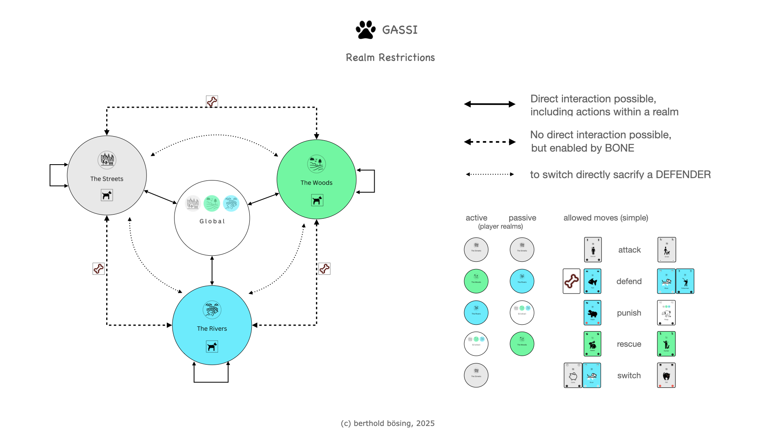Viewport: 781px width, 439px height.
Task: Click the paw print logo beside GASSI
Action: [x=365, y=30]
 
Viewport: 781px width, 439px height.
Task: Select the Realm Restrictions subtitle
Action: [x=390, y=58]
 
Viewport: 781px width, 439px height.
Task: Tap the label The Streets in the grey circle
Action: [x=107, y=179]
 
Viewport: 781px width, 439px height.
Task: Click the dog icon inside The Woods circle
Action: [x=317, y=200]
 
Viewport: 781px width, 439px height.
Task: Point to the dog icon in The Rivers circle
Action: [x=212, y=347]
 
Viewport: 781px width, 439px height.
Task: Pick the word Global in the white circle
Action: [x=212, y=221]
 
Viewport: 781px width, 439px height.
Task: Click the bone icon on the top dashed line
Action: [x=212, y=101]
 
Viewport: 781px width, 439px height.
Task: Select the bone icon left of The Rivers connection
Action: [x=98, y=269]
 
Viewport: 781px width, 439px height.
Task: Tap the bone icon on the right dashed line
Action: [x=325, y=269]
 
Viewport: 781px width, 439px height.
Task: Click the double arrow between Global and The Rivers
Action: [x=212, y=270]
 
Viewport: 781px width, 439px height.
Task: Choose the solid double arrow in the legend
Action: [x=490, y=104]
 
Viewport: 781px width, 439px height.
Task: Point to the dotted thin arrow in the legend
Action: [x=490, y=174]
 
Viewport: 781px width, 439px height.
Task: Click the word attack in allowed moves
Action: [x=629, y=250]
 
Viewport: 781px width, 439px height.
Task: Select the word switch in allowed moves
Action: [x=629, y=376]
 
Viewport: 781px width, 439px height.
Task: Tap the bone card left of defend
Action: [x=572, y=281]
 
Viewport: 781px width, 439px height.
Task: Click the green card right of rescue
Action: [x=666, y=344]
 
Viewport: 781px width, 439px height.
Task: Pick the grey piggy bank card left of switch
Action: [x=573, y=375]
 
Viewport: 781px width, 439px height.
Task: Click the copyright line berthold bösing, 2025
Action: [x=388, y=423]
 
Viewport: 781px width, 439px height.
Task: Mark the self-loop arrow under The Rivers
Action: [x=211, y=381]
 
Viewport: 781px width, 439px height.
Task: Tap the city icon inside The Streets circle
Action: [x=107, y=160]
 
